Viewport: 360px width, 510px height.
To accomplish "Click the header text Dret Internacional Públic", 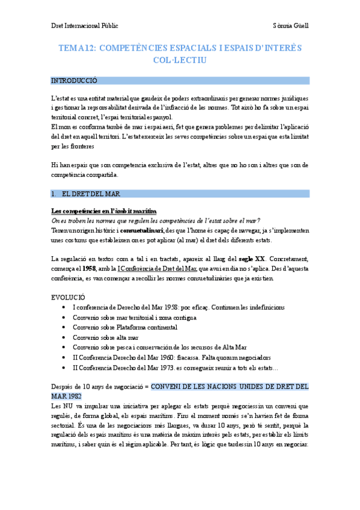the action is click(84, 26).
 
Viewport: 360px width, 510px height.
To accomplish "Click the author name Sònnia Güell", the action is click(290, 26).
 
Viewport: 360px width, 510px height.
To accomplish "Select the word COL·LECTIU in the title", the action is click(180, 61).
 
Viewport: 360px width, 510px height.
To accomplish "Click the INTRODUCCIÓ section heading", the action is click(74, 81).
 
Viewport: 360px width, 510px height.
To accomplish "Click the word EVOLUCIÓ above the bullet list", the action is click(69, 297).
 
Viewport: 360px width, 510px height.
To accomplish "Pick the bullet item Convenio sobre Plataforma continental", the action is click(124, 327).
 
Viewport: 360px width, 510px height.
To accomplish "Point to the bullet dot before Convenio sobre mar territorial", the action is click(64, 318).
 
